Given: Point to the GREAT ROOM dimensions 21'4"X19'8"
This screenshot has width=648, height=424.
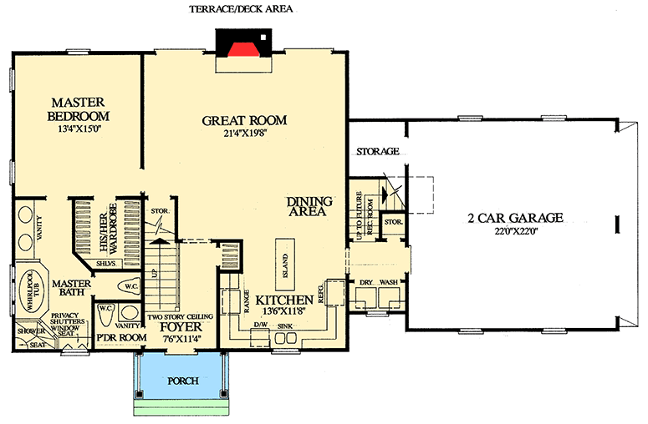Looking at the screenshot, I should (244, 134).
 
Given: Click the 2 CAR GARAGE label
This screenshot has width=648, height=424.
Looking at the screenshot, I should (515, 218).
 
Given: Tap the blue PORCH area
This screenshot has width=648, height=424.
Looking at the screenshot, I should (181, 380).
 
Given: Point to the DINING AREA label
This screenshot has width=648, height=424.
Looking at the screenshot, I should (309, 207).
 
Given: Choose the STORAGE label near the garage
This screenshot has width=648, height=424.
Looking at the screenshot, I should (377, 152).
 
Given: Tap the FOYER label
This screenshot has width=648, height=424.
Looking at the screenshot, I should (177, 326).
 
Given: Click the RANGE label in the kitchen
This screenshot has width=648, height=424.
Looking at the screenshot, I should (247, 297).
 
